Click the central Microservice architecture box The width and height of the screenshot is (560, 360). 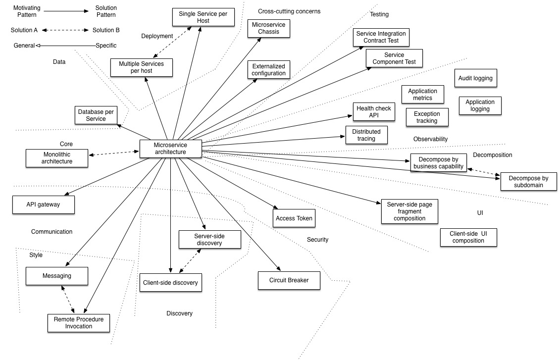point(170,149)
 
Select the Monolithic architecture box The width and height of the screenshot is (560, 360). point(57,158)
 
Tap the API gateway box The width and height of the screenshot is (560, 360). point(43,205)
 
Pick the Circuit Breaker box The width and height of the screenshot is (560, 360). point(289,280)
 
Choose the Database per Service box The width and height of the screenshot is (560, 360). point(96,115)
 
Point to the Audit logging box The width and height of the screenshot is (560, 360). point(475,78)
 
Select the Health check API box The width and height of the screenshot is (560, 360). point(373,112)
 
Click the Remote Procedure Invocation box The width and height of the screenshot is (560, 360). point(79,323)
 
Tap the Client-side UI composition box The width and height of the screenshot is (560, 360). point(468,237)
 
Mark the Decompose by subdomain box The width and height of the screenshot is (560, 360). point(528,182)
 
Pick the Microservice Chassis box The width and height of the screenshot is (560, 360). point(269,28)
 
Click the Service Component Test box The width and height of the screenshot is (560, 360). point(394,58)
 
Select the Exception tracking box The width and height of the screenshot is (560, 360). point(426,117)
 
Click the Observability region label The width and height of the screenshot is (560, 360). point(430,139)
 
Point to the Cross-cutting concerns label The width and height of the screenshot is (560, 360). point(289,11)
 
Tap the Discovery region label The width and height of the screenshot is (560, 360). point(179,313)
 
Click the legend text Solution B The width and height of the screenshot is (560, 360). point(106,30)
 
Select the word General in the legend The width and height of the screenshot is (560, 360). point(24,46)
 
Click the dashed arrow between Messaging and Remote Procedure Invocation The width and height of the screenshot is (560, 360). point(68,300)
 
